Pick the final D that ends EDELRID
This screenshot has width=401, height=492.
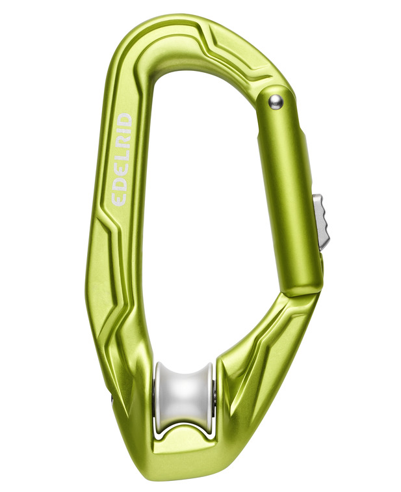123,120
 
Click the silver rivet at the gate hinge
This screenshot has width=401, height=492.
276,100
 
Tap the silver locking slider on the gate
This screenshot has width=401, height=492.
321,221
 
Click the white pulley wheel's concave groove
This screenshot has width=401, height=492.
184,390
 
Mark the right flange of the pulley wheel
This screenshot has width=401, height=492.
208,394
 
